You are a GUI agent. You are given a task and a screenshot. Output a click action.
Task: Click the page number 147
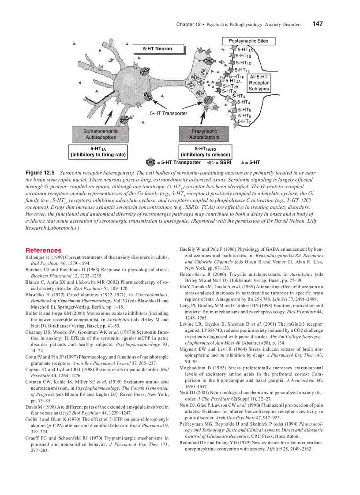tap(319, 24)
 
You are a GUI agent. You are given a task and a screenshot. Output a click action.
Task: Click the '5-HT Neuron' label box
tap(157, 48)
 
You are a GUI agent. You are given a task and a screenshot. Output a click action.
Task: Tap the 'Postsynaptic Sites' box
tap(248, 41)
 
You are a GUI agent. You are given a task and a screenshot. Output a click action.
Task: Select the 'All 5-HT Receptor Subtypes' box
tap(259, 83)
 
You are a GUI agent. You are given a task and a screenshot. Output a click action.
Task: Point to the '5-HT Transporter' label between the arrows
tap(169, 113)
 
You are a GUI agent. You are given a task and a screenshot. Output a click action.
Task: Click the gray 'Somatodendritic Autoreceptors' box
tap(101, 134)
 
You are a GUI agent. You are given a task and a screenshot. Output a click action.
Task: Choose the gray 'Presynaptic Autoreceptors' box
tap(204, 134)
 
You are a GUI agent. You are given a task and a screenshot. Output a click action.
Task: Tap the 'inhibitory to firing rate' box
tap(98, 152)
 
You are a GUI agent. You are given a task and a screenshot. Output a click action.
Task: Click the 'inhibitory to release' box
tap(205, 152)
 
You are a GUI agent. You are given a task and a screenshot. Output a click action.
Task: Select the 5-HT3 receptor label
tap(238, 96)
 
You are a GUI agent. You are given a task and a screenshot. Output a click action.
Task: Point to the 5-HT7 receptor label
tap(244, 121)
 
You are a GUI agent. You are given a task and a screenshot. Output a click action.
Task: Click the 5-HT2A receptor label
tap(232, 81)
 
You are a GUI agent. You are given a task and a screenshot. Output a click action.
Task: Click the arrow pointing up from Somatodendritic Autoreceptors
tap(109, 118)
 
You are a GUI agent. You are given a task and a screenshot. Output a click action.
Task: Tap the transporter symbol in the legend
tap(151, 162)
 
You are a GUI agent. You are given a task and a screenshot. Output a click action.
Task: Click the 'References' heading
tap(43, 250)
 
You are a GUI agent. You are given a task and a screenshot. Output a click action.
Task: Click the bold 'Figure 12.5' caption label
tap(40, 174)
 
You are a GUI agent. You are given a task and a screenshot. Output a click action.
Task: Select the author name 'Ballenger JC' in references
tap(40, 257)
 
